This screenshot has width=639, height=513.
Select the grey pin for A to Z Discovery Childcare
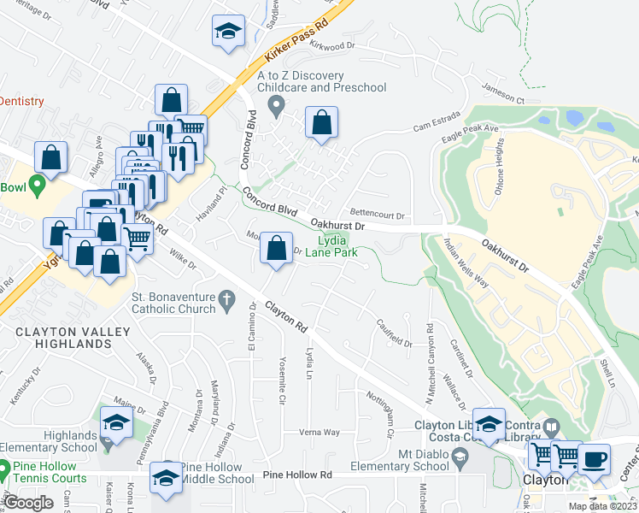276,107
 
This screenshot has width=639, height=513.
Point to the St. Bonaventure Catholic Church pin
226,298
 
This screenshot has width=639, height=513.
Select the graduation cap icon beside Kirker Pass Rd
228,32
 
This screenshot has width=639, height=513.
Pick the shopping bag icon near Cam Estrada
321,123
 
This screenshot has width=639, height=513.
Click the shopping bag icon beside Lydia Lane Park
276,250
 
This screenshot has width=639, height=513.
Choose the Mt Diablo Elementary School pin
460,461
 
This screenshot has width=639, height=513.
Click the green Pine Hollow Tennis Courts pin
5,469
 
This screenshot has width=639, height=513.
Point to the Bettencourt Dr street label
377,215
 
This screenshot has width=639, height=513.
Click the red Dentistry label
22,101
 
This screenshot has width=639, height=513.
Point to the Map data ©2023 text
602,506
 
